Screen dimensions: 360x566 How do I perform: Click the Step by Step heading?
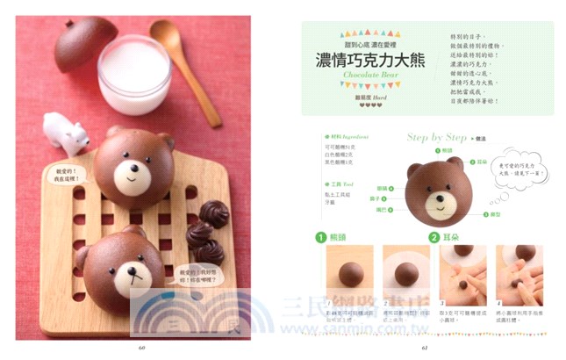[436, 138]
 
